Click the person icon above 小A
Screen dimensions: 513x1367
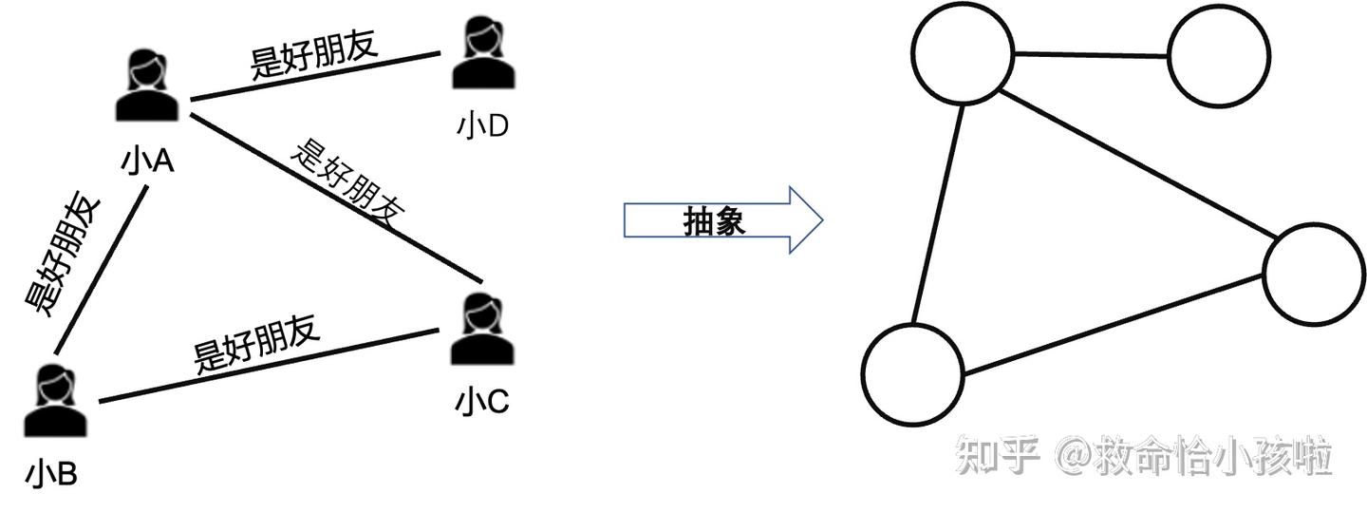click(146, 86)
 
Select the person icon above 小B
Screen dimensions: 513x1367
click(54, 401)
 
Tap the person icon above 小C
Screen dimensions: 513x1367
click(482, 330)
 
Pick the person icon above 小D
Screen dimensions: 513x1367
click(482, 54)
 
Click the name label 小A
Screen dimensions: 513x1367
click(146, 161)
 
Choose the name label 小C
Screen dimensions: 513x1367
click(482, 403)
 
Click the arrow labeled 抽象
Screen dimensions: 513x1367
click(722, 221)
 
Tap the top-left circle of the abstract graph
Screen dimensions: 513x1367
click(963, 53)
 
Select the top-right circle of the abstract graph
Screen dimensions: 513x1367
click(1219, 54)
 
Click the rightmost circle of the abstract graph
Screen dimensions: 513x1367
click(1314, 273)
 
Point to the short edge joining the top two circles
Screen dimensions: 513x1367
click(1091, 54)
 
